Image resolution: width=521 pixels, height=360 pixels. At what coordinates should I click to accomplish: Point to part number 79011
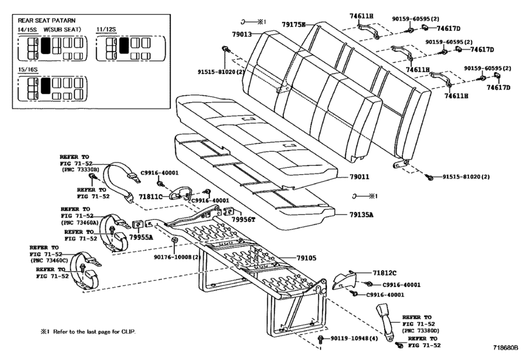pyautogui.click(x=363, y=175)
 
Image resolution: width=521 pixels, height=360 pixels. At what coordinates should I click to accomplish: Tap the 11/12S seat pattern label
pyautogui.click(x=108, y=29)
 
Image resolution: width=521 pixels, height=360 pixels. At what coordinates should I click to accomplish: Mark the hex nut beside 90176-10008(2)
pyautogui.click(x=175, y=242)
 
